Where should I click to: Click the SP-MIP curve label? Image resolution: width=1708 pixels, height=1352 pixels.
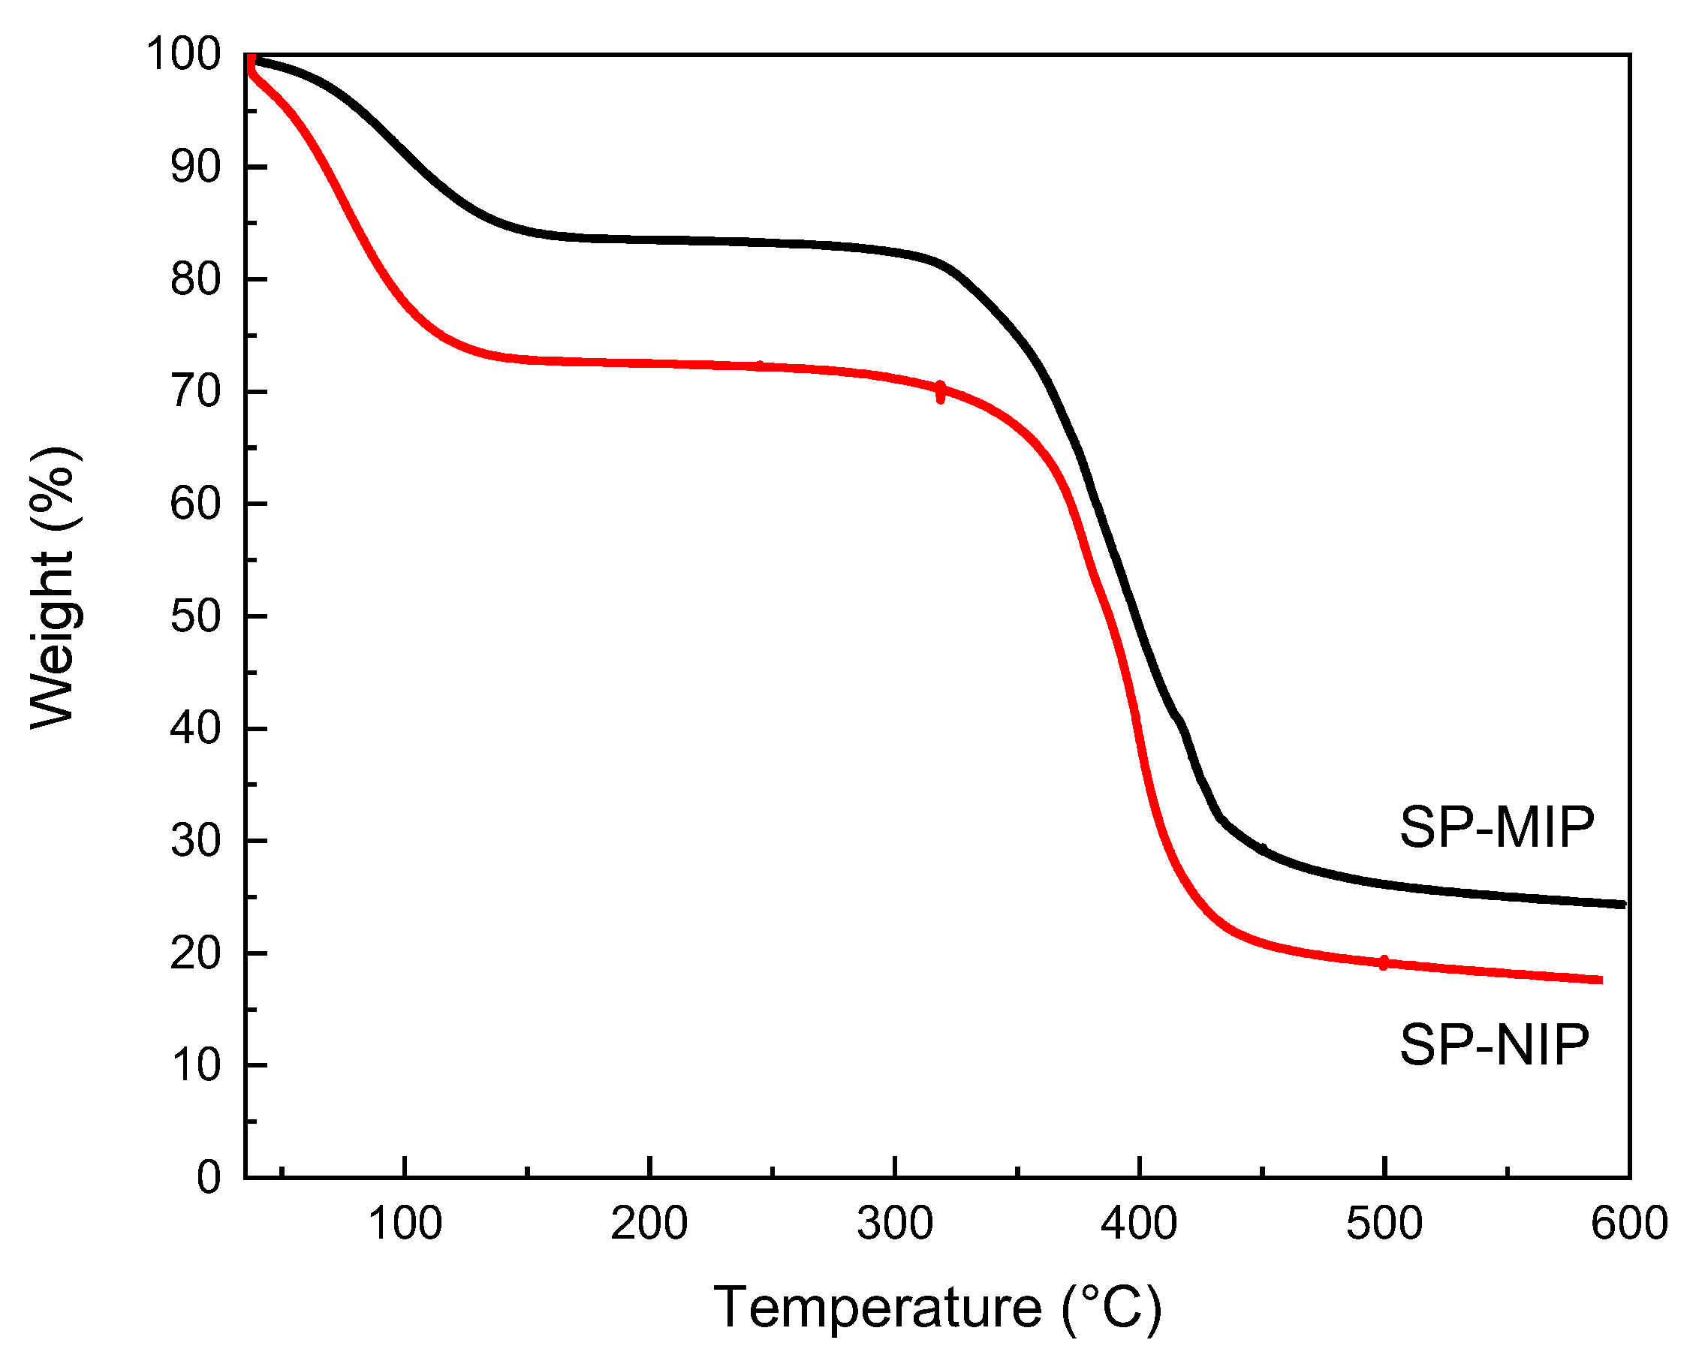point(1496,828)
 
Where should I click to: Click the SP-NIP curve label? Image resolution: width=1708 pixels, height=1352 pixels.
point(1493,1045)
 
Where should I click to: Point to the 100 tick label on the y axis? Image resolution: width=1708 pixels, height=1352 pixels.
point(183,56)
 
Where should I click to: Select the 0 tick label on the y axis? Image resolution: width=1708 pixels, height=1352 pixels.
point(208,1178)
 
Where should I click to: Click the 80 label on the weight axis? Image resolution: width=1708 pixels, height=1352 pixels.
point(194,280)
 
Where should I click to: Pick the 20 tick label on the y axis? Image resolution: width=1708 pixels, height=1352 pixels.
point(194,954)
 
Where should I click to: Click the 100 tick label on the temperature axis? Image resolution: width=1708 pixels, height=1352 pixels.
point(405,1224)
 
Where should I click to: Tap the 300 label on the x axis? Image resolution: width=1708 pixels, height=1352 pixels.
point(894,1224)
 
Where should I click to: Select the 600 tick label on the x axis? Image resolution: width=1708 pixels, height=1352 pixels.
point(1629,1224)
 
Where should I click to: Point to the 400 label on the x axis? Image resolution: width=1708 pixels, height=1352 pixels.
point(1139,1224)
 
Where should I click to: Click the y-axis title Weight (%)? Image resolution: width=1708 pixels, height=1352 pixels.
point(54,587)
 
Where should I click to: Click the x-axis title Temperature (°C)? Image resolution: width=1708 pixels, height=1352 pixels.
point(937,1308)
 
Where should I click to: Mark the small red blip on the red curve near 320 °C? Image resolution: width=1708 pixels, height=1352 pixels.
point(939,392)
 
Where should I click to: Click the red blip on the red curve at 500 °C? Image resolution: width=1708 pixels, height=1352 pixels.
point(1384,962)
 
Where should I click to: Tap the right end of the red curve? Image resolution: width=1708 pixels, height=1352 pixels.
point(1600,980)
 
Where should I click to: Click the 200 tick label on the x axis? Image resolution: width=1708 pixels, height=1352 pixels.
point(649,1224)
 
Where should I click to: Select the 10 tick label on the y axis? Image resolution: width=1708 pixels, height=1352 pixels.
point(194,1066)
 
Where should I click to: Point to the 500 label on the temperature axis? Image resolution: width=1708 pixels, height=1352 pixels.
point(1384,1224)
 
